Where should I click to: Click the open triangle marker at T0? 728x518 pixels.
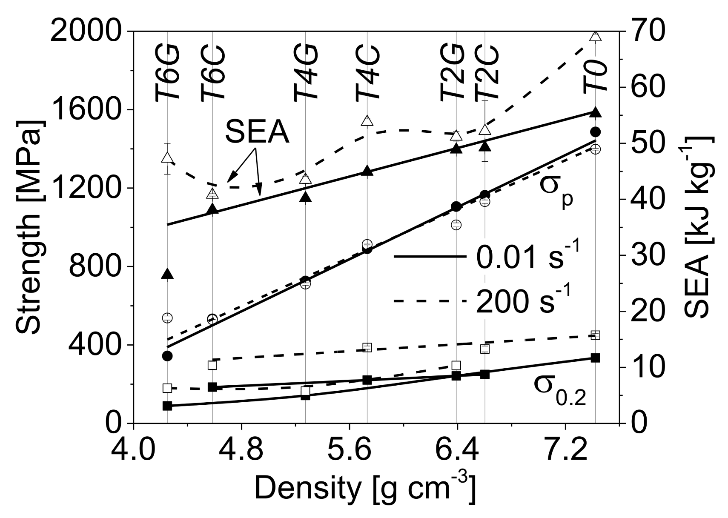click(x=596, y=36)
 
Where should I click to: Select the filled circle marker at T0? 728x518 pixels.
click(x=596, y=132)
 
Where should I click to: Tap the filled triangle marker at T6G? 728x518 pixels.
click(x=167, y=274)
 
